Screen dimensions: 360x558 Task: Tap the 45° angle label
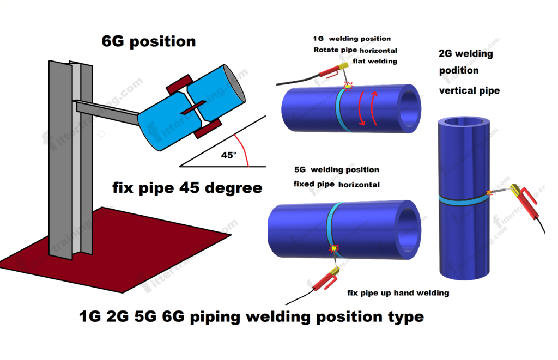coord(228,155)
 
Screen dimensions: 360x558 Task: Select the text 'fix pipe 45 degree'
coord(187,189)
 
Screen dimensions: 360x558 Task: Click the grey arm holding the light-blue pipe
coord(109,110)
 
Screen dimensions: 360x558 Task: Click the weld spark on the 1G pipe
coord(348,86)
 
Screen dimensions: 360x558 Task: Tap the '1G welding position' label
coord(351,39)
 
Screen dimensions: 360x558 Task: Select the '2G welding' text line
coord(465,54)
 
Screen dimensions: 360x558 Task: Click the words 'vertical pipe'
coord(469,91)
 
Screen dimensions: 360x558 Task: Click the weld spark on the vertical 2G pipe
coord(489,193)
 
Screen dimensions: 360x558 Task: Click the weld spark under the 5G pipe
coord(333,248)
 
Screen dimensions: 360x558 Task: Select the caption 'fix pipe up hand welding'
coord(398,293)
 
